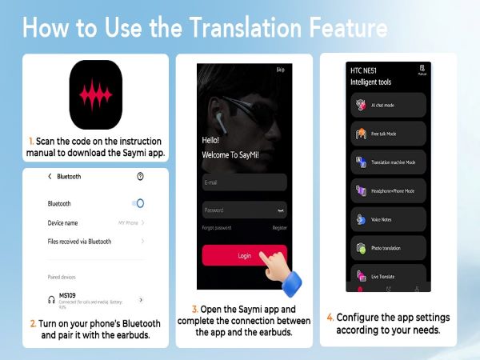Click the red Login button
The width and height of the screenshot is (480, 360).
(244, 255)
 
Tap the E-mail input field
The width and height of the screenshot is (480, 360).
(244, 182)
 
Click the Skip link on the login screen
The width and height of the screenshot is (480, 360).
(280, 70)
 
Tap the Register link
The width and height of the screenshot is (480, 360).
(279, 228)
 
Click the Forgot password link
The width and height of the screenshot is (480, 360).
(217, 228)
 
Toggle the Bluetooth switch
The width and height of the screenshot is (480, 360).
(138, 203)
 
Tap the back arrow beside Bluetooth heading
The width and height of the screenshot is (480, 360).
(50, 176)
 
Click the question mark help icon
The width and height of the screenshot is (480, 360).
(141, 176)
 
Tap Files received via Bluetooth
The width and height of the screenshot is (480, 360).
(79, 241)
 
